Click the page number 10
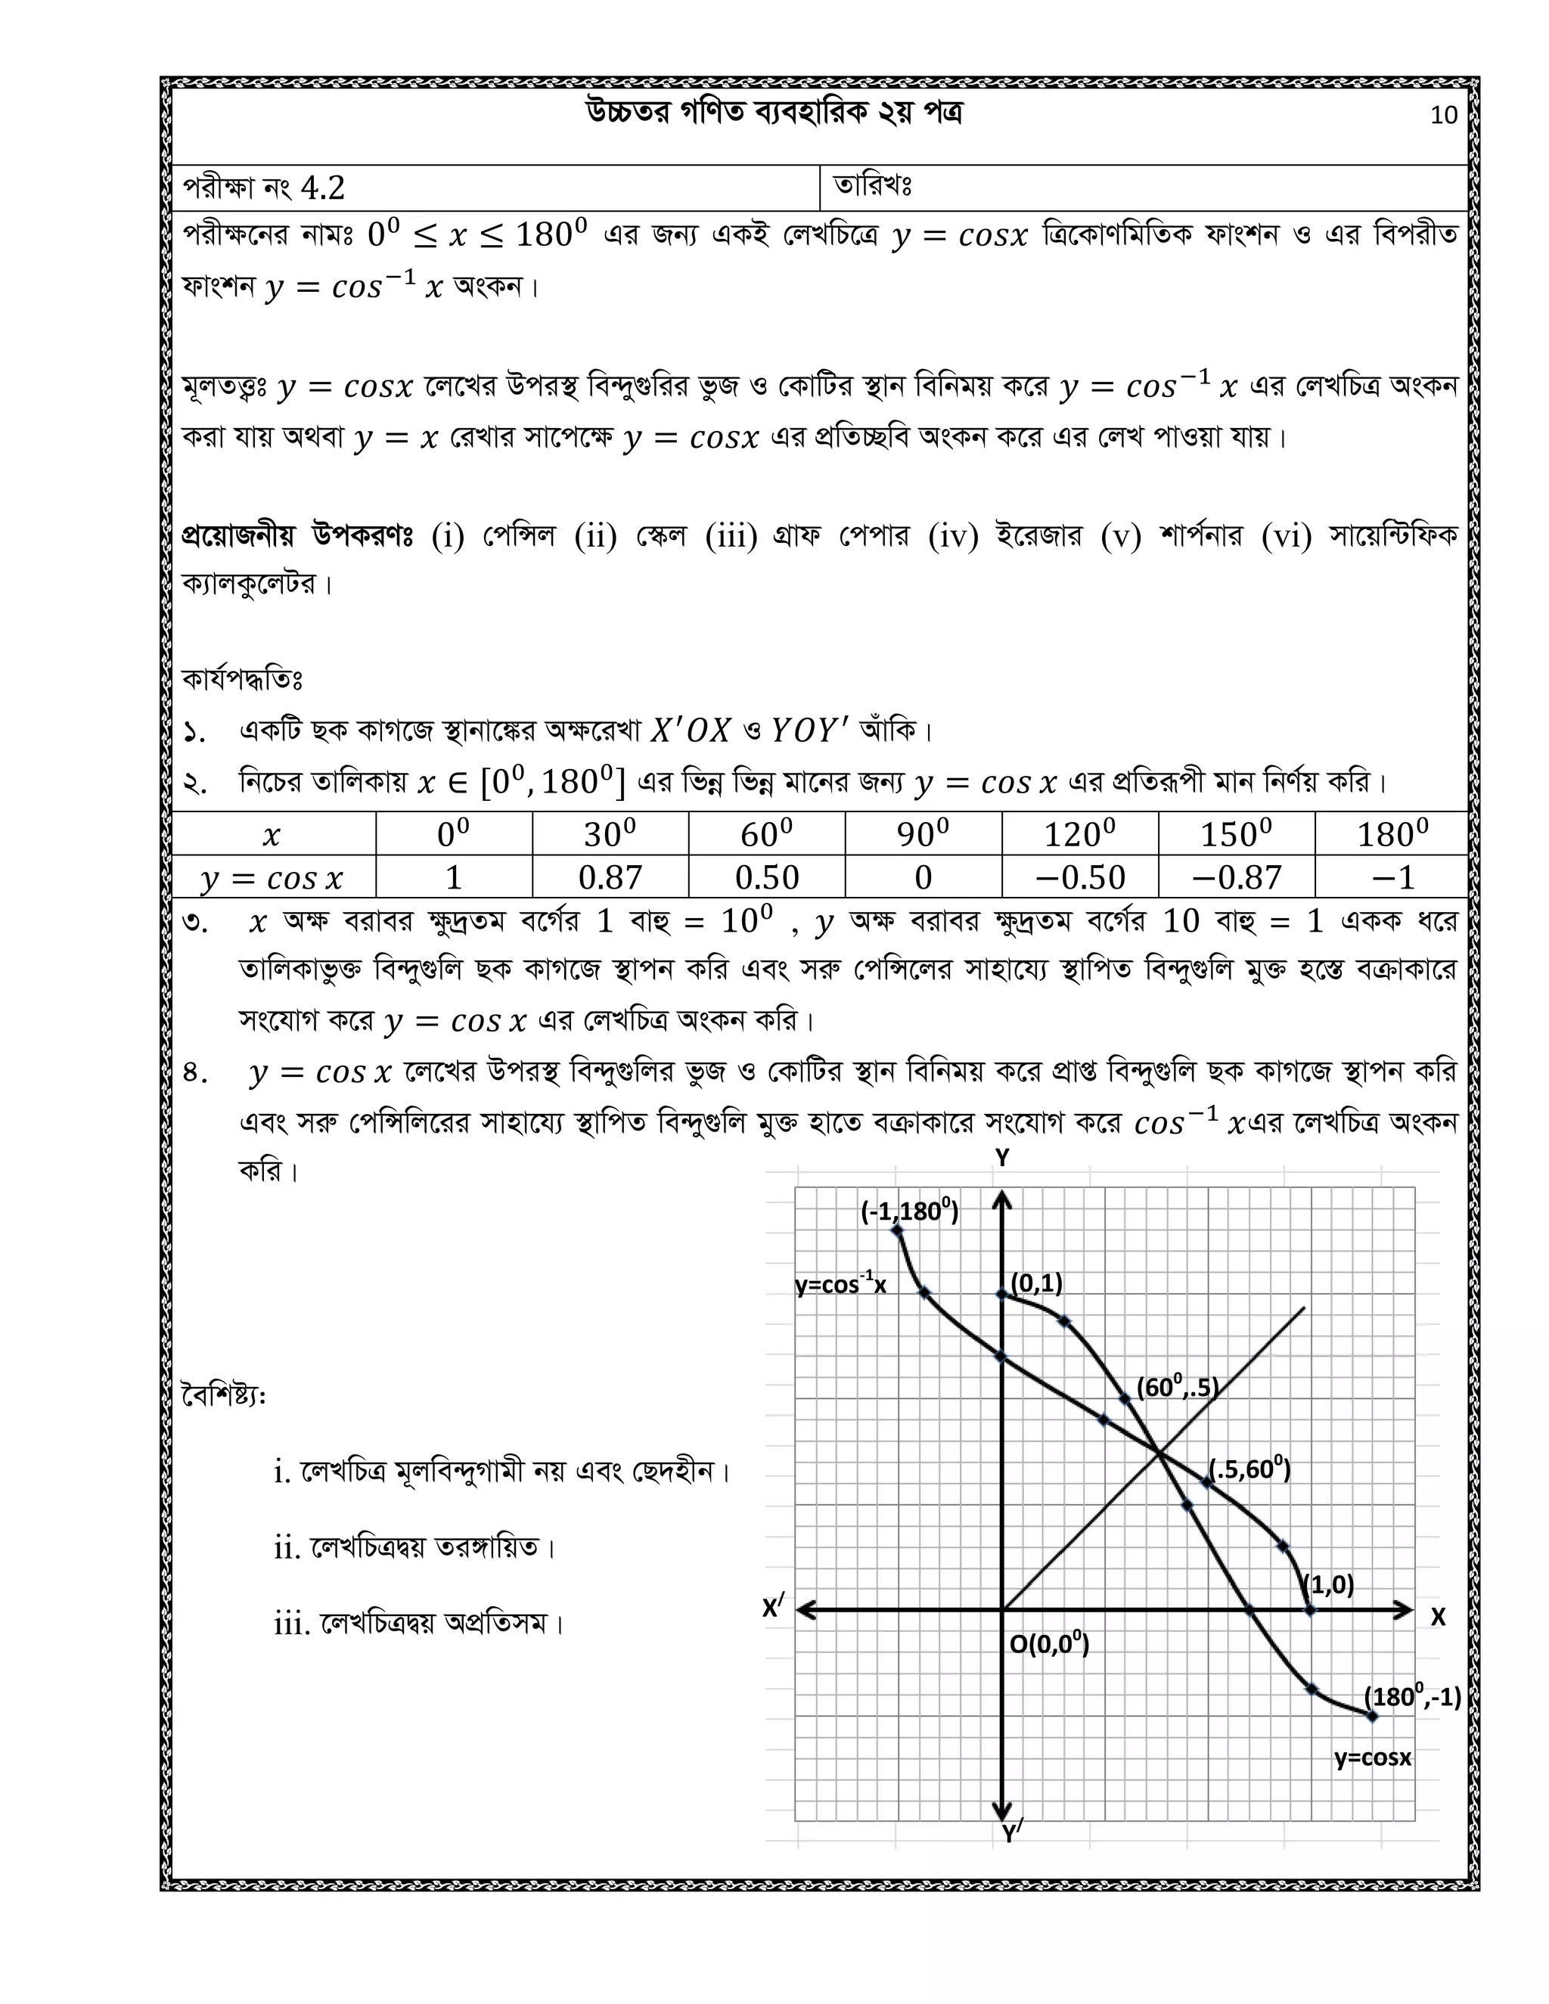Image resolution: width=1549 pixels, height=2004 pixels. [x=1443, y=115]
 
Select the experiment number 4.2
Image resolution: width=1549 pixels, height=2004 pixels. [x=322, y=188]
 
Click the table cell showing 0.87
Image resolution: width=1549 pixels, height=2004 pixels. [x=610, y=877]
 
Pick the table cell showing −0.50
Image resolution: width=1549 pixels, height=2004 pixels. [x=1080, y=877]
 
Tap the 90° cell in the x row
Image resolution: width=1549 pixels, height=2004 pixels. [x=924, y=834]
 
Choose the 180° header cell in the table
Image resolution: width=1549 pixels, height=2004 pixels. [x=1392, y=834]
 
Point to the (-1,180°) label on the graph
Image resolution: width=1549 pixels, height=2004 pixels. [x=909, y=1211]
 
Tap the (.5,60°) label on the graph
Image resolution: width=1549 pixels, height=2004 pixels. [x=1249, y=1469]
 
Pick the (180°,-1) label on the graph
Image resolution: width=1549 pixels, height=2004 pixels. [x=1412, y=1697]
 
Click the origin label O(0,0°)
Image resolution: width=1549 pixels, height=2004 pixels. [x=1049, y=1643]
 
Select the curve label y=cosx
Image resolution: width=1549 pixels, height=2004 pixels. [x=1372, y=1757]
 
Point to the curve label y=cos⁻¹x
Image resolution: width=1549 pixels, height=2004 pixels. [x=840, y=1285]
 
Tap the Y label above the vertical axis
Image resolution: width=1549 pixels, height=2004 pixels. [x=1003, y=1158]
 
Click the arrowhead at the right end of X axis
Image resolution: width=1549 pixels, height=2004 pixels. [x=1404, y=1608]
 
